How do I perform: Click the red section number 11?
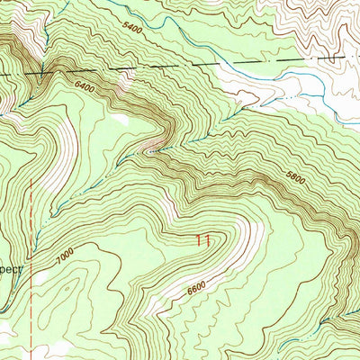click(203, 239)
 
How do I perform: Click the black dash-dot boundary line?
click(180, 65)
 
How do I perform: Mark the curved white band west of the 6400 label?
click(63, 135)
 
